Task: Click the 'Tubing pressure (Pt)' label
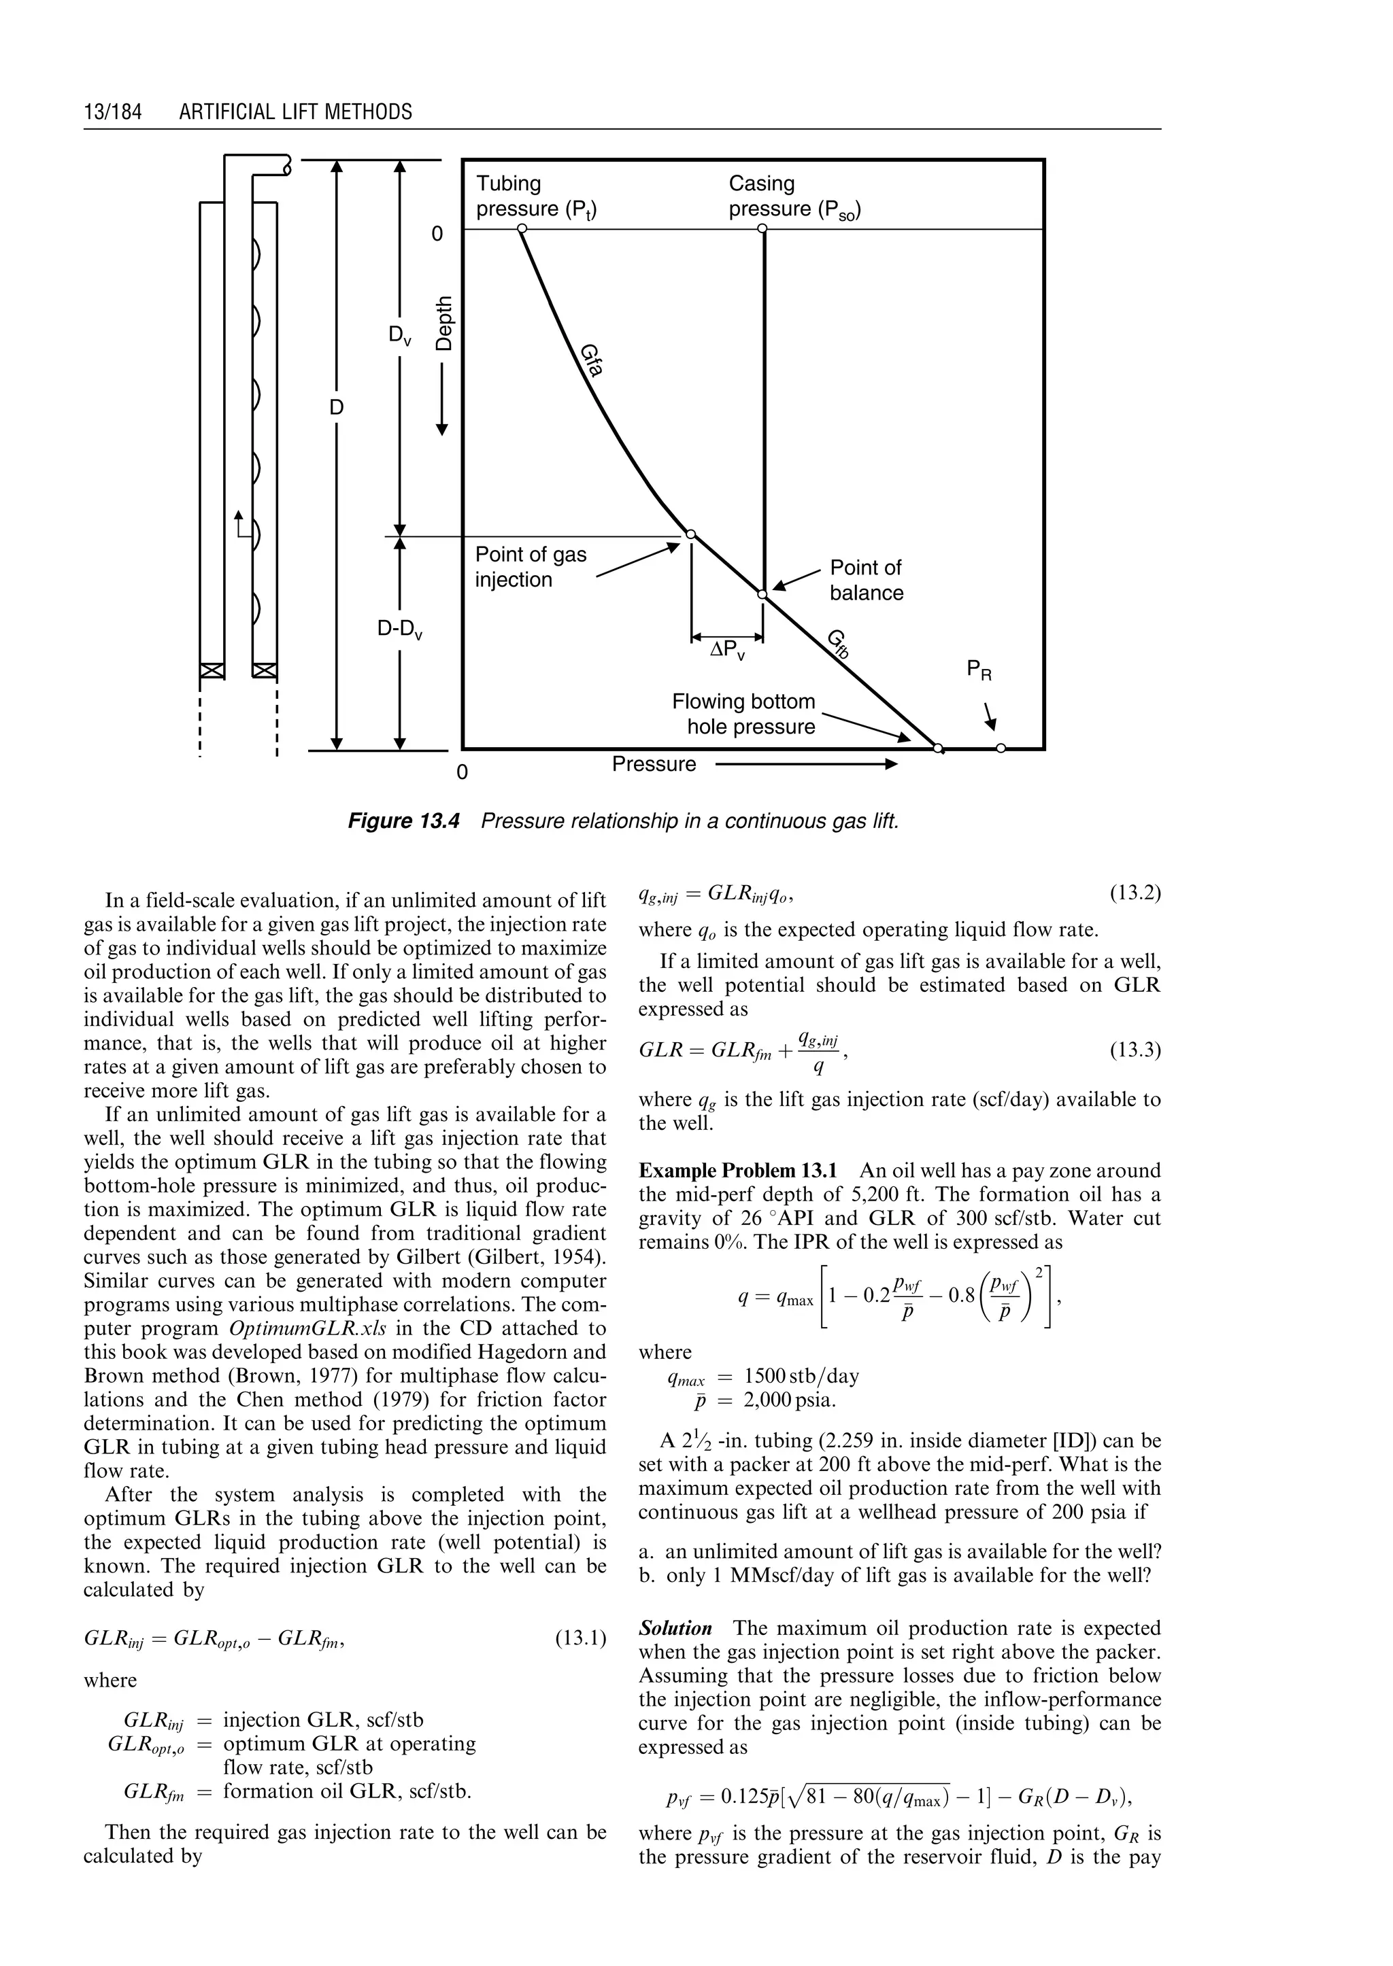coord(536,196)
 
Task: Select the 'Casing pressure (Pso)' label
coord(794,196)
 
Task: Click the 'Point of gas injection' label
coord(530,567)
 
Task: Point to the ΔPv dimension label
coord(727,651)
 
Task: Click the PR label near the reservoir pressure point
coord(979,670)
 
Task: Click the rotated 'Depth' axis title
coord(443,322)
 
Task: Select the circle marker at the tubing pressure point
coord(520,229)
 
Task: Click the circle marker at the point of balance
coord(762,593)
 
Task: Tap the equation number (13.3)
coord(1135,1050)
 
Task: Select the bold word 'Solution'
coord(675,1628)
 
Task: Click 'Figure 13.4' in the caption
coord(403,821)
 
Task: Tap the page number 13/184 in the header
coord(112,112)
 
